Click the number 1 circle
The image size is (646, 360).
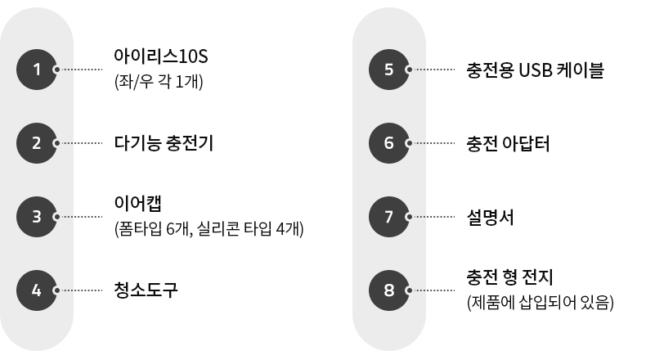tap(37, 70)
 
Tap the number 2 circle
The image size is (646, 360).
tap(37, 143)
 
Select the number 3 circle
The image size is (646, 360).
tap(37, 217)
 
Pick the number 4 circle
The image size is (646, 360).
tap(37, 290)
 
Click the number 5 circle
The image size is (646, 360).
tap(388, 70)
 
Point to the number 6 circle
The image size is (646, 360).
tap(388, 143)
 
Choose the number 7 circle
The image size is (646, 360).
tap(388, 217)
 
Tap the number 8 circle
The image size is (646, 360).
tap(388, 290)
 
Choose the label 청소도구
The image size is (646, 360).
tap(146, 290)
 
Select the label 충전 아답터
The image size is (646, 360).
tap(508, 143)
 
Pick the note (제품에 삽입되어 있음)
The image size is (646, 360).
tap(539, 303)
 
